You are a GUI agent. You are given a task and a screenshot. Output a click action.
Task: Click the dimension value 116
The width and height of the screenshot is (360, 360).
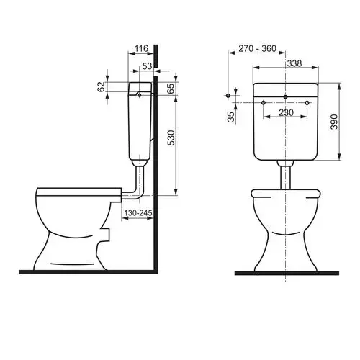tap(141, 49)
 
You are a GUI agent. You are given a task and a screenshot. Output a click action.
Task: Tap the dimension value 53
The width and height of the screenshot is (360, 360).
tap(147, 66)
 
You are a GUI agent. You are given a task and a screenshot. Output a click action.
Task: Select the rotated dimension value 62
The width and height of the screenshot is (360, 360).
tap(102, 86)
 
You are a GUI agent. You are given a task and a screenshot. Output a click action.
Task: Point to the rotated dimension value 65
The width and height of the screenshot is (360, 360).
tap(170, 89)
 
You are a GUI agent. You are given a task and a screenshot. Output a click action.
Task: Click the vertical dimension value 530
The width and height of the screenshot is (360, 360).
tap(171, 138)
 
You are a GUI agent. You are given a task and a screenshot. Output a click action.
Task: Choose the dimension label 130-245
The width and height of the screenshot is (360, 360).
tap(138, 212)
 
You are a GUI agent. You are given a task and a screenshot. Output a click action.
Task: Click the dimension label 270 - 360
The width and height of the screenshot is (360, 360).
tap(257, 48)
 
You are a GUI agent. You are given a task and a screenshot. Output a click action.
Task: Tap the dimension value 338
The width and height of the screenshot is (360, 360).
tap(294, 63)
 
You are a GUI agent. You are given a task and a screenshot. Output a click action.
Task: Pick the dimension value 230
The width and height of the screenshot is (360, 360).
tap(286, 112)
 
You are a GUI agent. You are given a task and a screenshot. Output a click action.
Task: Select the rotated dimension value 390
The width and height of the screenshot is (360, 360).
tap(334, 122)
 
